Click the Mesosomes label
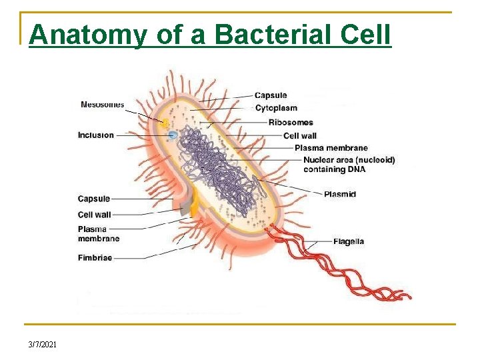(102, 104)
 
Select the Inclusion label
(96, 135)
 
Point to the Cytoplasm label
(276, 108)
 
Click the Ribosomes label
(291, 123)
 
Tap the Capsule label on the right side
(271, 95)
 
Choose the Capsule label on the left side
(94, 199)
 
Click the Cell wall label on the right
(300, 136)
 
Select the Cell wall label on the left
(95, 215)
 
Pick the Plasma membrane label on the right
(331, 148)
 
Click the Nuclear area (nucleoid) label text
(349, 160)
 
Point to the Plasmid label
(340, 194)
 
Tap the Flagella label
(349, 241)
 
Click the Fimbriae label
(95, 257)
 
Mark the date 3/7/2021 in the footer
(43, 344)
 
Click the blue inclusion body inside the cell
(173, 135)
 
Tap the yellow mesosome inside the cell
(163, 123)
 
